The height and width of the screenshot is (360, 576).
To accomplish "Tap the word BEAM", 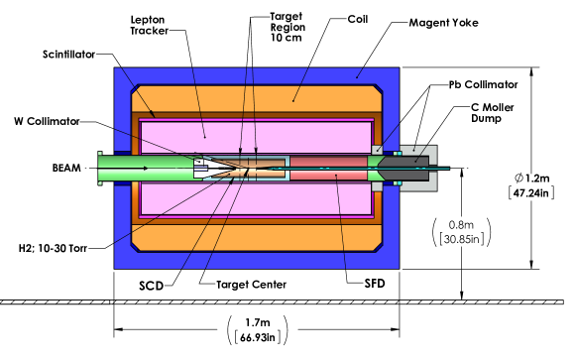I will coord(66,169).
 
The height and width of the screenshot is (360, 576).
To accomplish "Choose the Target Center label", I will coord(251,285).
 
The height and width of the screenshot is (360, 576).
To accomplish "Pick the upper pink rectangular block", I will coord(258,132).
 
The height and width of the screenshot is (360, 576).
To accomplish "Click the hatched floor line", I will coord(288,301).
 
